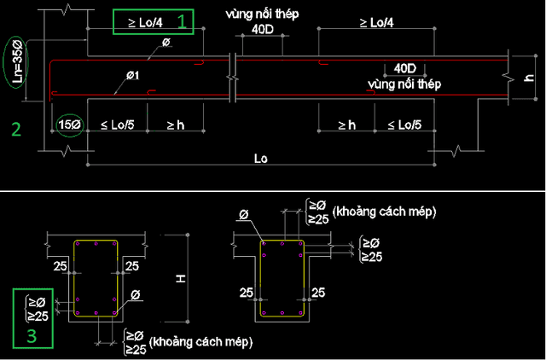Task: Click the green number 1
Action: point(182,21)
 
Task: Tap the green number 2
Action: point(16,129)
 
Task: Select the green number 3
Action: point(32,336)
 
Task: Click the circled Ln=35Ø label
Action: point(17,62)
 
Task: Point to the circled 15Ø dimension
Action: point(70,125)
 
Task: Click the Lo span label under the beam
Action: point(261,159)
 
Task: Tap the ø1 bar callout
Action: point(133,75)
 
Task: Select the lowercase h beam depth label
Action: point(529,78)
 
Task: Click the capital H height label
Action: point(181,278)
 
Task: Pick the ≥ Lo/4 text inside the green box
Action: point(146,23)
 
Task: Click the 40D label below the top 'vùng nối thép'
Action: point(263,30)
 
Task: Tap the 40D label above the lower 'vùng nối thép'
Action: point(404,68)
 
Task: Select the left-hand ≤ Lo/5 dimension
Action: point(118,125)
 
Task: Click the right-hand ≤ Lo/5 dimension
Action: point(404,125)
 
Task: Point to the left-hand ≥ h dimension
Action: point(176,125)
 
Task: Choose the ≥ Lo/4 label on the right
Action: point(376,23)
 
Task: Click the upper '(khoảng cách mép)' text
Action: point(385,212)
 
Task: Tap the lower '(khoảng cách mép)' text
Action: point(200,341)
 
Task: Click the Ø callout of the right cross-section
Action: point(244,214)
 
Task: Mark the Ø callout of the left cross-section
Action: point(136,295)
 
